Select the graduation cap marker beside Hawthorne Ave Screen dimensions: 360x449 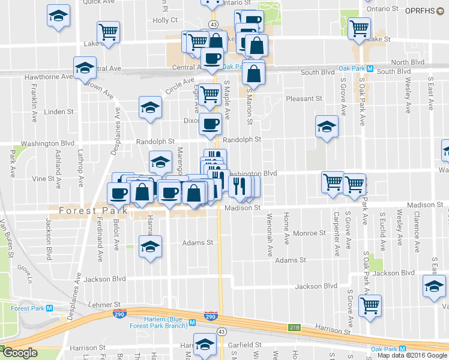[x=85, y=70]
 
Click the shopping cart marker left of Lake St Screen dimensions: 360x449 [x=108, y=32]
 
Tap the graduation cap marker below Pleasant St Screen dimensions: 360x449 [x=327, y=128]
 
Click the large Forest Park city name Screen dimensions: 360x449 [x=93, y=211]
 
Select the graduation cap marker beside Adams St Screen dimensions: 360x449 [x=150, y=247]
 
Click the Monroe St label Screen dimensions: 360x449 [x=310, y=233]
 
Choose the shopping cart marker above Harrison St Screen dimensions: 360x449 [x=370, y=304]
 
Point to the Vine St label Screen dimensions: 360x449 [x=43, y=178]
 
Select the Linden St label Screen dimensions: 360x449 [x=59, y=112]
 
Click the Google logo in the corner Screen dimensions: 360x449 [x=19, y=353]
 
